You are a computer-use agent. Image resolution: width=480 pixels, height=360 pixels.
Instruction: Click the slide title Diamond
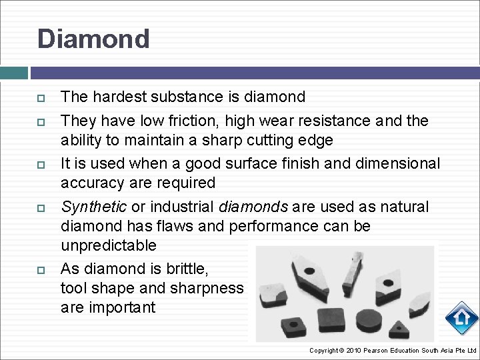tap(93, 39)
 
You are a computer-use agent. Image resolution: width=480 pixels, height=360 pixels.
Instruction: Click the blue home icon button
tap(461, 318)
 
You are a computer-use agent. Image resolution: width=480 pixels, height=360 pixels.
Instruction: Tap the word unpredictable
tap(108, 245)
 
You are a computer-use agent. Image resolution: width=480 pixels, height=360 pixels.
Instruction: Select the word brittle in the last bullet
tap(188, 269)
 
